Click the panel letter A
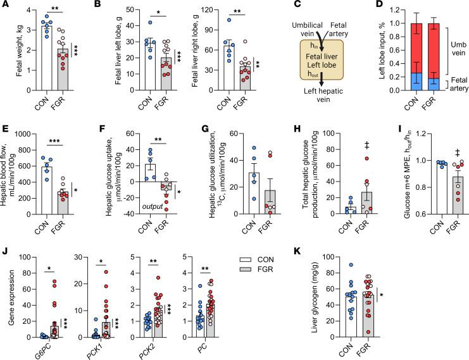[x=5, y=6]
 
